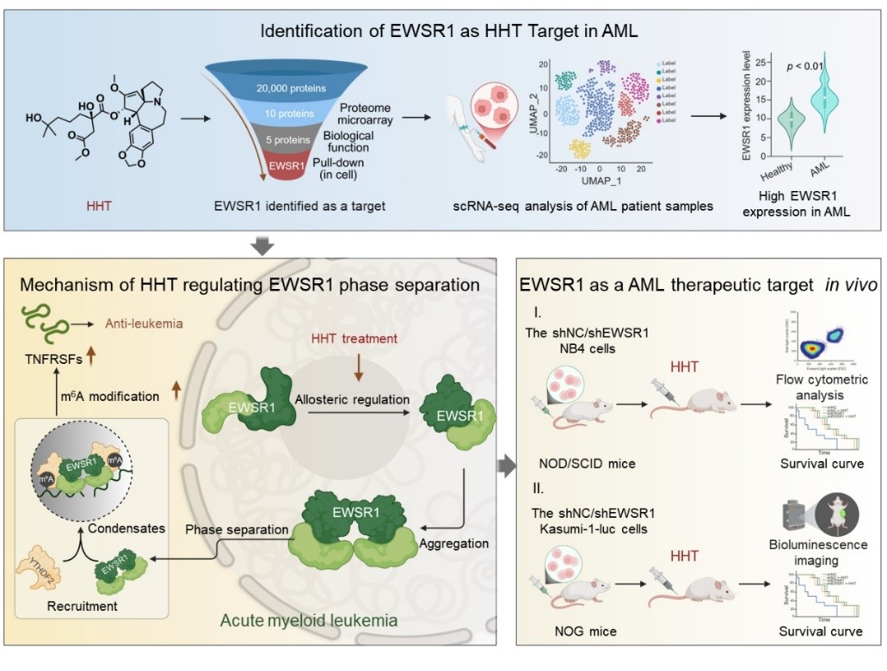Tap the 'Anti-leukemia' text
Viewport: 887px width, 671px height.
click(x=143, y=324)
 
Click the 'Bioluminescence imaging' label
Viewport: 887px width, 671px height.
click(x=820, y=552)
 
